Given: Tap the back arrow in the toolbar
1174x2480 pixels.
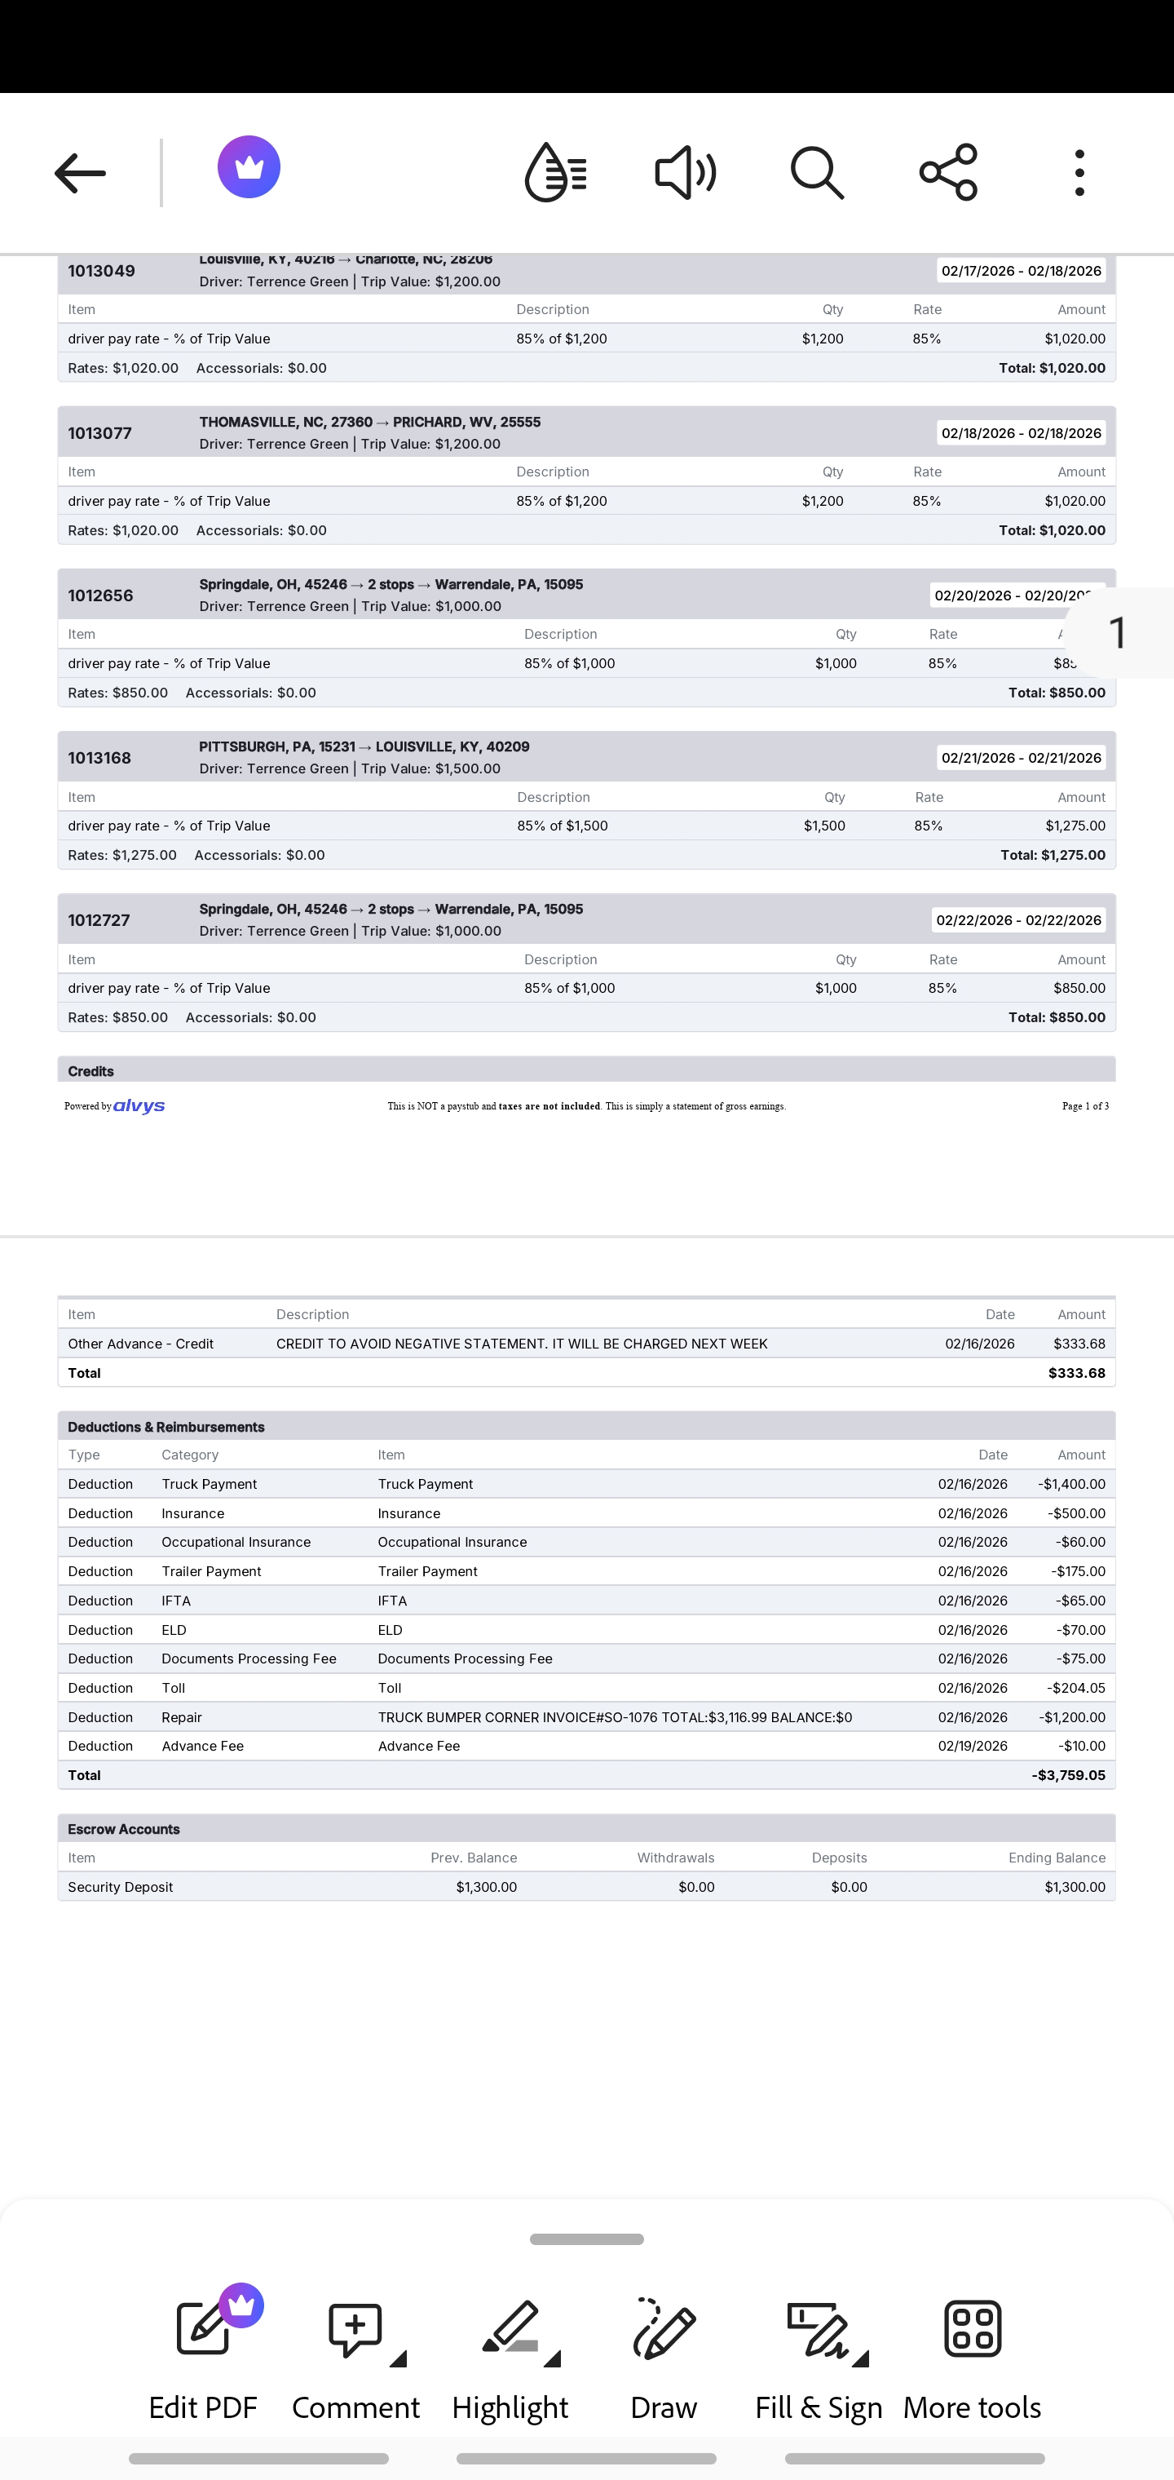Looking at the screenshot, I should pos(80,173).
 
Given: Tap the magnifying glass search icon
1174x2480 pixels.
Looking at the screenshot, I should pos(817,173).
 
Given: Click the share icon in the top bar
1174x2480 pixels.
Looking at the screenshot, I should pos(949,173).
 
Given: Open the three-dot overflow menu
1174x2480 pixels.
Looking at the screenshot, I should pos(1079,173).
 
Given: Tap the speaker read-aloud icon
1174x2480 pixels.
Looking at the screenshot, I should pos(685,173).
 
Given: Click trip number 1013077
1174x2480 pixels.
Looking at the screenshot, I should pos(100,433).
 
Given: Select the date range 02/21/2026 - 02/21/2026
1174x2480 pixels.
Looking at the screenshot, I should pos(1020,758).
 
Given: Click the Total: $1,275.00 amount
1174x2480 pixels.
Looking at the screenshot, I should pos(1052,855).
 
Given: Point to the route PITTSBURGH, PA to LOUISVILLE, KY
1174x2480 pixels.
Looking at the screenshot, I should pos(364,747).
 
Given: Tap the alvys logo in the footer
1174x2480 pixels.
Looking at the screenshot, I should pos(139,1106).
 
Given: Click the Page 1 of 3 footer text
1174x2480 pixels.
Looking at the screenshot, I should pos(1084,1106).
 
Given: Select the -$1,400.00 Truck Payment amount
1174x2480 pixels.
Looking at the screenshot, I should pos(1071,1484).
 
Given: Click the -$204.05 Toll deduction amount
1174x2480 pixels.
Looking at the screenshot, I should pos(1075,1688).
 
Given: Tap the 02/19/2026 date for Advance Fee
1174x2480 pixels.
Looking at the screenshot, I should pos(972,1746).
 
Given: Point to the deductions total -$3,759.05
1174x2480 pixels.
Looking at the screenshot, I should pos(1067,1774).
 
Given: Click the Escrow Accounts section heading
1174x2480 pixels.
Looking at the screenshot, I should pos(124,1828).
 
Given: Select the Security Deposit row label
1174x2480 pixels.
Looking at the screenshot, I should pos(121,1887).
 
